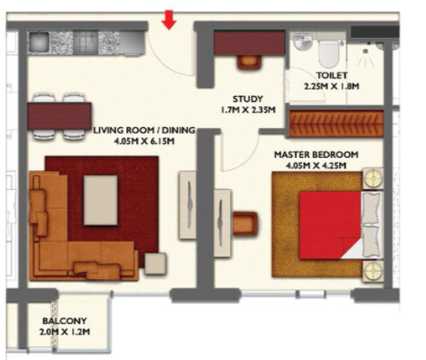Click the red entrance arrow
point(169,20)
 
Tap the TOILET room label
point(332,75)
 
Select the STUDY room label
point(248,99)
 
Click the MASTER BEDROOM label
point(316,155)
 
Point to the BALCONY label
point(65,321)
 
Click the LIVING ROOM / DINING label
point(144,130)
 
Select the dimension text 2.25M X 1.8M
point(332,86)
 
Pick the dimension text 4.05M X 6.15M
point(144,141)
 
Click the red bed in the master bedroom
point(330,225)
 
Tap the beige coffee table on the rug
point(101,200)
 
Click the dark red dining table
point(59,116)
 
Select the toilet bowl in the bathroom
point(329,51)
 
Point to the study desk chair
point(249,63)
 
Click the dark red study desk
point(249,43)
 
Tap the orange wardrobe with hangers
point(336,124)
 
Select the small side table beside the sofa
point(156,264)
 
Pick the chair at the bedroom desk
point(245,224)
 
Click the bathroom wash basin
point(303,41)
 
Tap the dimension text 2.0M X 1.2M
point(65,332)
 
